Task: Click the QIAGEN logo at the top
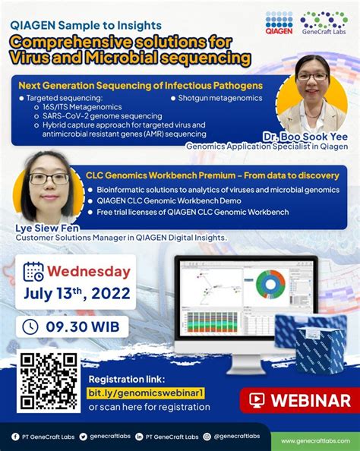277,24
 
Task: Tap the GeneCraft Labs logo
324,24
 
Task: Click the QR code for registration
49,382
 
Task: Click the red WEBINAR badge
299,401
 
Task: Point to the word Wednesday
89,272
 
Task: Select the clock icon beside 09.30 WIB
31,327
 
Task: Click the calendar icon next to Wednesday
33,272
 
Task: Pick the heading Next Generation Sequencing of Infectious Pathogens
141,85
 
